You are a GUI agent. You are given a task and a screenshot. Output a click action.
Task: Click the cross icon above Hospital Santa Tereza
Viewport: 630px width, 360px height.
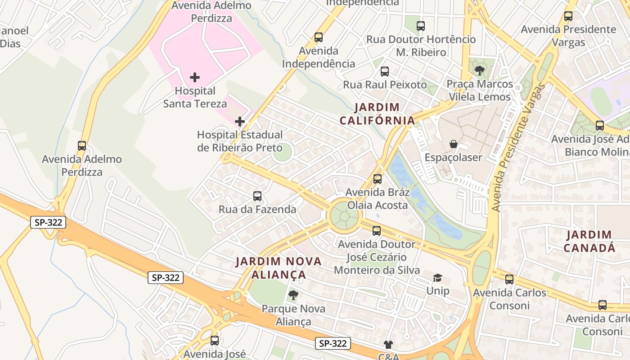(x=195, y=77)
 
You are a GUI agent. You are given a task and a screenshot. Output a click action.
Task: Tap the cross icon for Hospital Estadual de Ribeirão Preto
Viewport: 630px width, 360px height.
(x=240, y=121)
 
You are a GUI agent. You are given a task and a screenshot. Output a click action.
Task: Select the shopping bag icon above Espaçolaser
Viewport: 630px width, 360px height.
(x=454, y=144)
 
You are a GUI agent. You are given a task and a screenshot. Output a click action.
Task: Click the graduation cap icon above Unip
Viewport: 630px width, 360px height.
(x=437, y=278)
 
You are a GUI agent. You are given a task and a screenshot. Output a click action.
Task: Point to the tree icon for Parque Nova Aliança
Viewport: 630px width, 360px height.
(x=293, y=295)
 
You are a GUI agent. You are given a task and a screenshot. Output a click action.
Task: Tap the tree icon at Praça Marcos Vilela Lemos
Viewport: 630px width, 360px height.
(x=480, y=70)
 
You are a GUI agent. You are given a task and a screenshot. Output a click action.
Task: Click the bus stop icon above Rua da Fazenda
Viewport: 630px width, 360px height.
(x=257, y=196)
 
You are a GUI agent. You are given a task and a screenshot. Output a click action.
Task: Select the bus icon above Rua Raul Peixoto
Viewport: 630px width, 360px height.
(x=385, y=71)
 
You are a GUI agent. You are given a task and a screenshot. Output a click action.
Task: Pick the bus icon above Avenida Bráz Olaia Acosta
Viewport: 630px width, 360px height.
(x=378, y=179)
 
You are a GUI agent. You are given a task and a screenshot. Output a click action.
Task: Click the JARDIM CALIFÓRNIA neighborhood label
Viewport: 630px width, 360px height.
(x=377, y=114)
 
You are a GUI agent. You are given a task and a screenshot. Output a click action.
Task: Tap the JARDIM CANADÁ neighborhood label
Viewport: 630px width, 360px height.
(x=589, y=241)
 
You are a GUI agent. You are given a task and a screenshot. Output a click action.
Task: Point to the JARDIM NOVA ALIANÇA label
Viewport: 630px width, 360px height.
(x=279, y=268)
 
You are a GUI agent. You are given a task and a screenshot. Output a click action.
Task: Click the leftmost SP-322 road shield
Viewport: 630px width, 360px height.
(x=49, y=222)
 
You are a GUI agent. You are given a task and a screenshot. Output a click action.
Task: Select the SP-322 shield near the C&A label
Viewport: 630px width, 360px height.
(x=333, y=343)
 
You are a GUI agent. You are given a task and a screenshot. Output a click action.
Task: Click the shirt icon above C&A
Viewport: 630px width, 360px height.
(x=388, y=345)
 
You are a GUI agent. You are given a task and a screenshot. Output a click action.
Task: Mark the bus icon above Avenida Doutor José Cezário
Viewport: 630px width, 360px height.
(x=377, y=231)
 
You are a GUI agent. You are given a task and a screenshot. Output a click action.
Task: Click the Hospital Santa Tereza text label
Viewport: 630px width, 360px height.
(x=195, y=97)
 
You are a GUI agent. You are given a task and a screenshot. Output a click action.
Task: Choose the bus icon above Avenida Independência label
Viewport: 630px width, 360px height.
(x=319, y=37)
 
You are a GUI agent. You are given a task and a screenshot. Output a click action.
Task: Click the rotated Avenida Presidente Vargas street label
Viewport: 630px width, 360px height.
(x=520, y=148)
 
